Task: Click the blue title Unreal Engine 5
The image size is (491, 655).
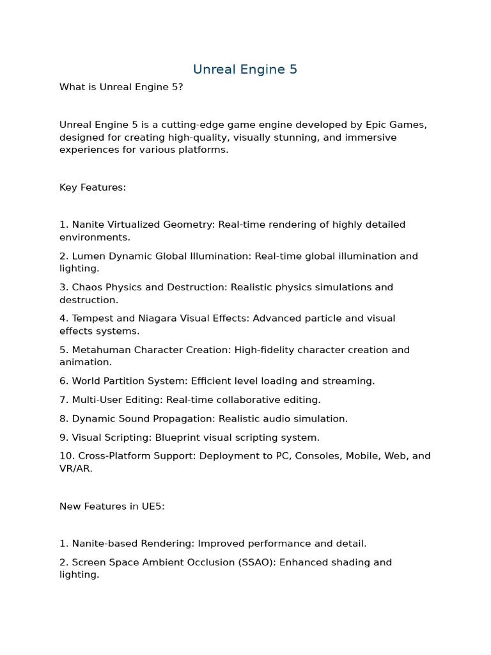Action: pos(245,69)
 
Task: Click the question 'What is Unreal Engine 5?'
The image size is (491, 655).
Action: pos(121,87)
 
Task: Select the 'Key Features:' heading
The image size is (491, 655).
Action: pos(93,187)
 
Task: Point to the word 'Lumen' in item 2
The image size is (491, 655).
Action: pos(89,256)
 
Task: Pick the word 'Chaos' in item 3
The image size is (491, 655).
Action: pos(86,287)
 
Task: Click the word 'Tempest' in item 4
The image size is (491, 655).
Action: pos(92,319)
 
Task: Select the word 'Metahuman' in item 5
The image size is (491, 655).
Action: pos(100,350)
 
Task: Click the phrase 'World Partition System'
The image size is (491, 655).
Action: pos(129,381)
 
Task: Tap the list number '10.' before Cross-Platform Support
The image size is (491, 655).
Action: pos(66,456)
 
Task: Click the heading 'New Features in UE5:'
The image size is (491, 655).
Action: pos(112,506)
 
